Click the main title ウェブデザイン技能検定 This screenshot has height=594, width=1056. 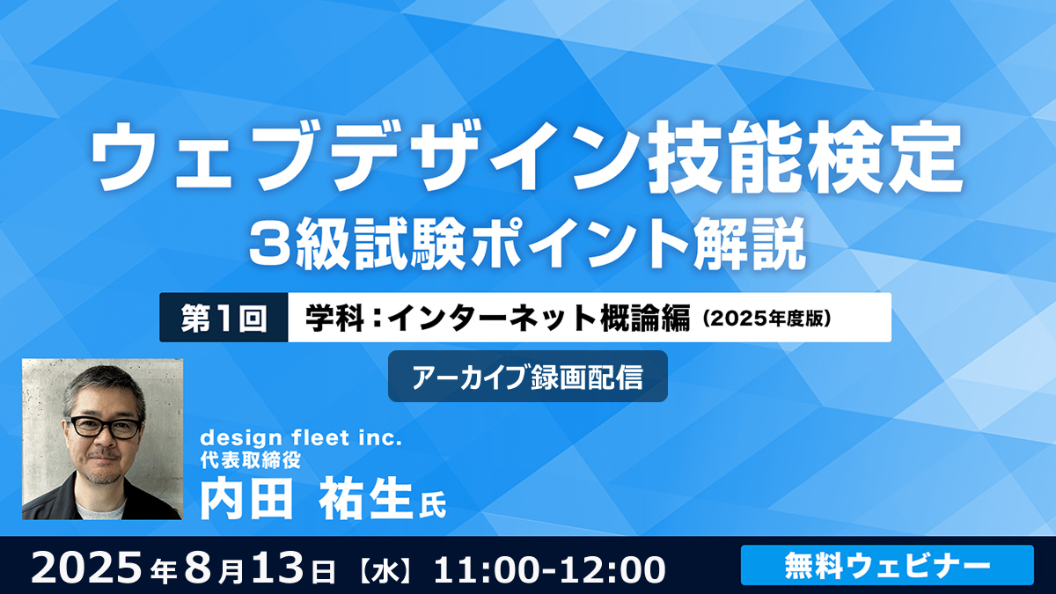coord(527,157)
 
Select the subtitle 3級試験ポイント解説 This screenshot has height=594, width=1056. coord(527,244)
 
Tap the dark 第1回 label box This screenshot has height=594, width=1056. coord(224,318)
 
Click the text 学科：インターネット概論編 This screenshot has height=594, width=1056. coord(498,318)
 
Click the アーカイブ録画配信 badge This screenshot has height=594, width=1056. coord(527,377)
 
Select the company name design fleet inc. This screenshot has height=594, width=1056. coord(301,438)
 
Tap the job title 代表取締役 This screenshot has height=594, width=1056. coord(250,460)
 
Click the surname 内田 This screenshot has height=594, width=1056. coord(246,499)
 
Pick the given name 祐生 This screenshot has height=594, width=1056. coord(365,499)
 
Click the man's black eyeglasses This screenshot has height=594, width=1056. coord(106,427)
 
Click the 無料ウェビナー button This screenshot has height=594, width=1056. coord(887,565)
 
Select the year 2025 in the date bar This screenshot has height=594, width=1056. coord(86,568)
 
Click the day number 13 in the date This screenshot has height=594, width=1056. coord(286,568)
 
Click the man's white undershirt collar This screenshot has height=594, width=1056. coord(100,510)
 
